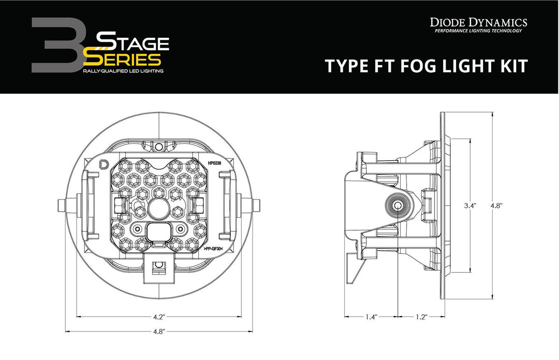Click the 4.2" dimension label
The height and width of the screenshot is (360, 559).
[159, 317]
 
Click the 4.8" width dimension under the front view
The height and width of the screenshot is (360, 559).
[159, 332]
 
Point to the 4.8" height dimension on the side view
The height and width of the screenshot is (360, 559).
[497, 205]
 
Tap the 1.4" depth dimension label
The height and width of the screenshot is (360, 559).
[372, 317]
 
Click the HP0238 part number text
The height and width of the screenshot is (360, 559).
[214, 163]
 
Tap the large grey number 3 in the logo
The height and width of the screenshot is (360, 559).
[54, 46]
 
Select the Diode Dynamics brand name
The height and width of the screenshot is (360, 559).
[478, 22]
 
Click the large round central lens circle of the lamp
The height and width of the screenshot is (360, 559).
[159, 208]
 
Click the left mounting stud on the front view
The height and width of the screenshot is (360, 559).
[63, 205]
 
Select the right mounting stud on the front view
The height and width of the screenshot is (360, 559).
[255, 205]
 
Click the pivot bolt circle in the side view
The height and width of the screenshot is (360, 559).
[397, 205]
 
